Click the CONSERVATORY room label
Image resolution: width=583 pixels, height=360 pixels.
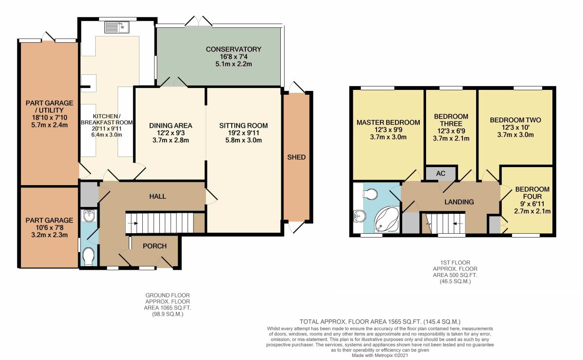click(233, 49)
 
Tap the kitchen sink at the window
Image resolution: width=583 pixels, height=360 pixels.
click(116, 27)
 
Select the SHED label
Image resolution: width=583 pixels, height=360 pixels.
click(296, 157)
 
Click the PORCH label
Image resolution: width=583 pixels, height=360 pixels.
click(154, 246)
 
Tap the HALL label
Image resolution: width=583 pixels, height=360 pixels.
click(157, 196)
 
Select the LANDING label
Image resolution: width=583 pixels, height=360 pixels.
click(459, 202)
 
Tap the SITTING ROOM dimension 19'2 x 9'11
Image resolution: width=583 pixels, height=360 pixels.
click(243, 133)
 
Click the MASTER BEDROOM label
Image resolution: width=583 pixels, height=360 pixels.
click(388, 122)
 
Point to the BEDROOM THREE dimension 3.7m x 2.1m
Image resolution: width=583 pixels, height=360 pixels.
click(451, 138)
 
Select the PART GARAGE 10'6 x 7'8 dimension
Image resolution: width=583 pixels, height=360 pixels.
click(49, 228)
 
